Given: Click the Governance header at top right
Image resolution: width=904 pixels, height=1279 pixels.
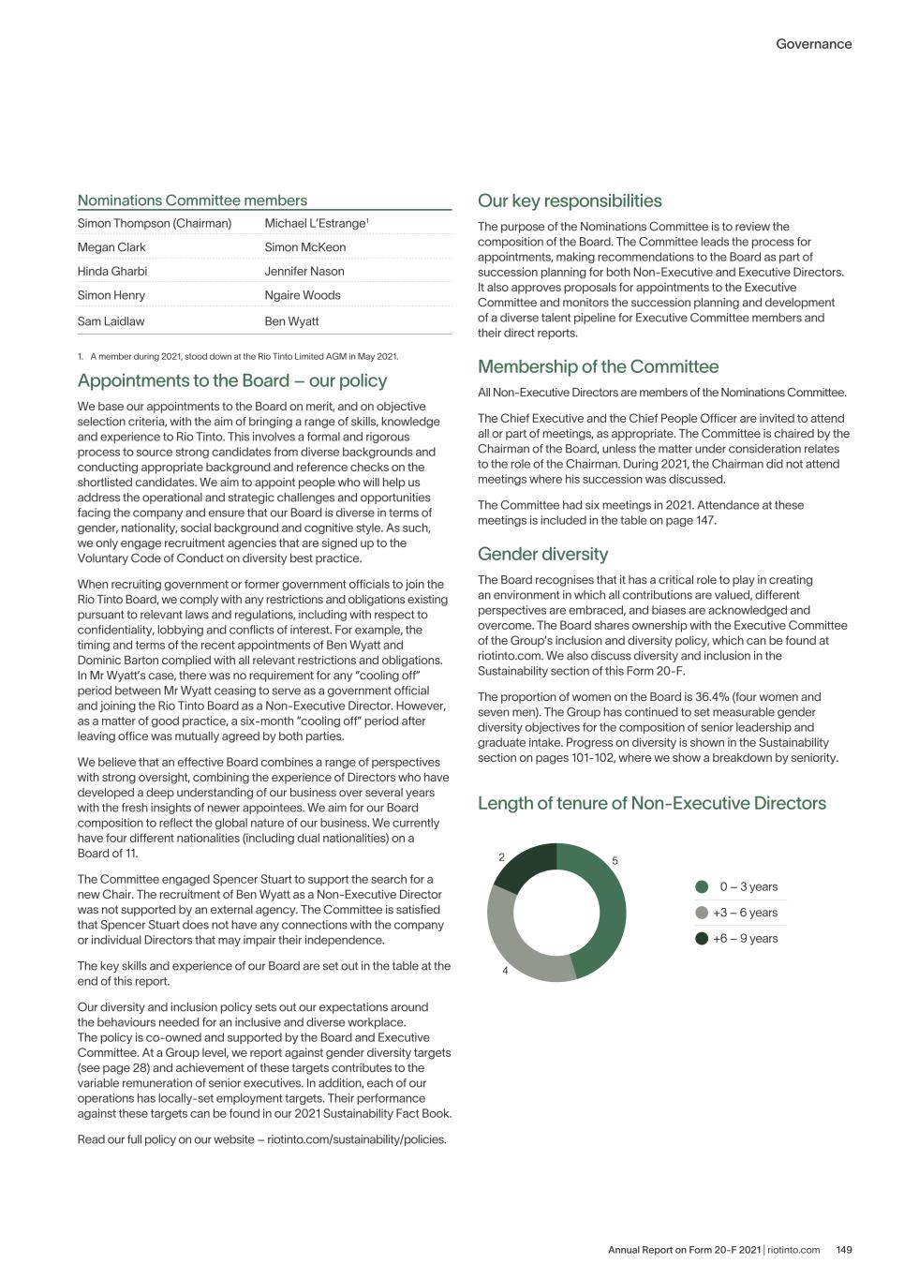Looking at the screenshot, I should point(813,44).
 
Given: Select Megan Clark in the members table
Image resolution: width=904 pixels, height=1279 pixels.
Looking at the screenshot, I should point(111,247).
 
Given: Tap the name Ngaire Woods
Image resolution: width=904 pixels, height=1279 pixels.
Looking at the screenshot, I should point(303,295).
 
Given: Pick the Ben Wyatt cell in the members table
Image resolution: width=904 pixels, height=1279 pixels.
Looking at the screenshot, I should point(291,321).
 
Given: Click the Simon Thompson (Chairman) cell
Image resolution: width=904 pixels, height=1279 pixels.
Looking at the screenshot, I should point(154,223).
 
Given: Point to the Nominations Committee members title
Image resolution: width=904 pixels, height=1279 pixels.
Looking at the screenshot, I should point(192,201).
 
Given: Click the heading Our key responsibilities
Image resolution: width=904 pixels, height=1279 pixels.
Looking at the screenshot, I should point(570,201).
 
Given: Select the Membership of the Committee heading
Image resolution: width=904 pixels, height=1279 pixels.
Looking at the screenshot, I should point(598,366).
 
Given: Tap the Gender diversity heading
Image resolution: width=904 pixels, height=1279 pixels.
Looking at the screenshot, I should point(542,554).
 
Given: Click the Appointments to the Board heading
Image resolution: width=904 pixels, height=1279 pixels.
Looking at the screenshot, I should point(231,380).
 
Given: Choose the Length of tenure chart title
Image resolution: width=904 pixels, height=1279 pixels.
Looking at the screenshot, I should point(651,803).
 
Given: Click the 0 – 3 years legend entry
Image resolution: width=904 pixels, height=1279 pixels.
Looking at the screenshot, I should point(748,887).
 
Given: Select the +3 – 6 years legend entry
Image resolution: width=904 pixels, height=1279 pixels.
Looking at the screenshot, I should point(745,913).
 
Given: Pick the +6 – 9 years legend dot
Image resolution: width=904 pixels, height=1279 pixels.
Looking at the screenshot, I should point(702,939).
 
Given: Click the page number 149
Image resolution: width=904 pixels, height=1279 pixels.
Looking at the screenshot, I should point(843,1250).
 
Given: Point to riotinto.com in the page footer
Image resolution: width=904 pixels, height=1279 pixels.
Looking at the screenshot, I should point(793,1250).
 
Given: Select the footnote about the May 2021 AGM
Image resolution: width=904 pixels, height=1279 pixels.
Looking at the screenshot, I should point(244,356).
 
